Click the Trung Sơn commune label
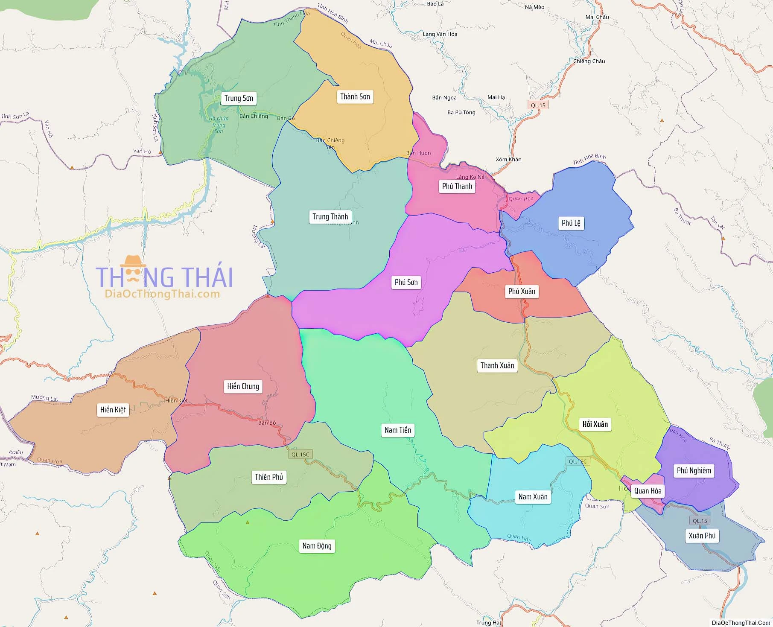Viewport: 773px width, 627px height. coord(239,98)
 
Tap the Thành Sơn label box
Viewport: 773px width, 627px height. coord(355,96)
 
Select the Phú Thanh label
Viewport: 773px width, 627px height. coord(457,186)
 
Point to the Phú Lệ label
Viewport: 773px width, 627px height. coord(571,223)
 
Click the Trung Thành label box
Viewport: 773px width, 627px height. coord(330,216)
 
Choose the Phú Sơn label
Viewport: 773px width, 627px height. coord(406,282)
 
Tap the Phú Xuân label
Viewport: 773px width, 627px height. coord(522,291)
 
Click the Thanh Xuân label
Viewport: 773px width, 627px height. coord(497,365)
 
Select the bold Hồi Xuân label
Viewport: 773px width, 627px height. coord(595,424)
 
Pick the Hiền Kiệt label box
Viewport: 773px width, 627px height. coord(113,410)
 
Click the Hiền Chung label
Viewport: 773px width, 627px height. coord(243,386)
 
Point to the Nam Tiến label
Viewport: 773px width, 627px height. coord(397,430)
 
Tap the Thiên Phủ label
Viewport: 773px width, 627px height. coord(269,477)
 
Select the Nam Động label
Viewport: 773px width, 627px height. coord(317,545)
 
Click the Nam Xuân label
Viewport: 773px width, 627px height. coord(533,496)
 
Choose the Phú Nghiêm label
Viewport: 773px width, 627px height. coord(694,470)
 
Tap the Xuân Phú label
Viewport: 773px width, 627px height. coord(702,535)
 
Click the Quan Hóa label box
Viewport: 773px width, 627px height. coord(648,491)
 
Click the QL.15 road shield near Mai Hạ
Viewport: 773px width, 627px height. coord(538,105)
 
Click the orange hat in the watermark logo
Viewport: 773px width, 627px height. coord(133,260)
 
